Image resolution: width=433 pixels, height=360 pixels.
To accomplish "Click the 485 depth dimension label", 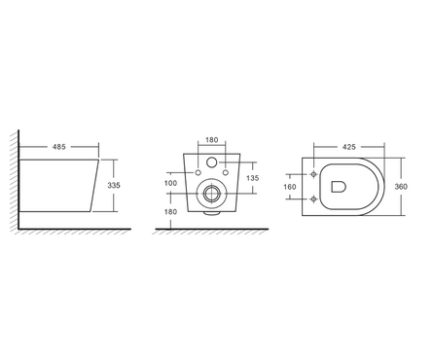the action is point(59,147).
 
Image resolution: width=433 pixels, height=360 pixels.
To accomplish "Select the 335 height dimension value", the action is point(114,185).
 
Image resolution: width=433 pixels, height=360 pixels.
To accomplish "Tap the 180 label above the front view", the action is point(212,140).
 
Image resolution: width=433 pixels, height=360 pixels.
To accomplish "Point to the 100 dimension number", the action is point(170,183).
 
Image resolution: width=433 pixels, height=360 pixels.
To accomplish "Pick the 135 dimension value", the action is point(253,178).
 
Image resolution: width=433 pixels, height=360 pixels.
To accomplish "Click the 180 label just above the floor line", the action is point(170,212).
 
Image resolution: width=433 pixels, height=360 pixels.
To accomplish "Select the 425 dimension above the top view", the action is point(349,147).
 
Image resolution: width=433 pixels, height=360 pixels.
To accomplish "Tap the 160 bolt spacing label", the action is point(290,187).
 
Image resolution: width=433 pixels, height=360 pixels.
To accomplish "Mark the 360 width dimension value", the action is point(401,187).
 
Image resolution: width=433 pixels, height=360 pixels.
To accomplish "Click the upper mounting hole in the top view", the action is point(313,174).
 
